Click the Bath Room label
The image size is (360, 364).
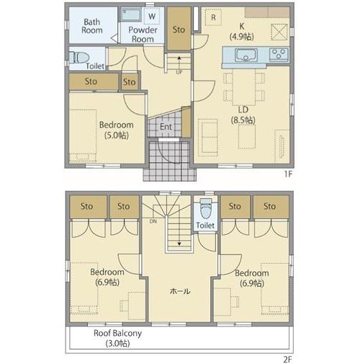click(x=92, y=26)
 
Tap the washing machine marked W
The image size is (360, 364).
click(x=152, y=17)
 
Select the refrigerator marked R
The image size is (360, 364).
click(x=213, y=17)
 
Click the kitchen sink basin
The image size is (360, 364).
click(x=246, y=56)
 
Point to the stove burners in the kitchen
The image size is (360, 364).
click(x=279, y=54)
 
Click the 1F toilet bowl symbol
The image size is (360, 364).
click(x=79, y=58)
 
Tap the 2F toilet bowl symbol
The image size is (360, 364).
click(x=206, y=209)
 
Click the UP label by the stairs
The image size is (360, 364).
click(x=179, y=72)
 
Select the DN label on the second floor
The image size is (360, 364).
click(x=153, y=221)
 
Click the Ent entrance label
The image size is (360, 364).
click(x=166, y=127)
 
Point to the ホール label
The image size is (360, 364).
click(x=180, y=291)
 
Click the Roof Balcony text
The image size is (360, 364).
click(x=117, y=333)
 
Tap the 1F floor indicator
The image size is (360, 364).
click(x=288, y=174)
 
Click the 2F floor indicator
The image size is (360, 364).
click(x=288, y=360)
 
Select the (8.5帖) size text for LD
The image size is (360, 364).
click(x=243, y=120)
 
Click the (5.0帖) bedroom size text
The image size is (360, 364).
click(x=117, y=136)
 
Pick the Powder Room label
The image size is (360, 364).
click(x=143, y=35)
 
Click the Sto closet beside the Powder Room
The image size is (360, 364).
click(x=179, y=30)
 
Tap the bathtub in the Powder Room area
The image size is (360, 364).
click(x=131, y=14)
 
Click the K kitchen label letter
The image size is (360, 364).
click(x=242, y=26)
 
